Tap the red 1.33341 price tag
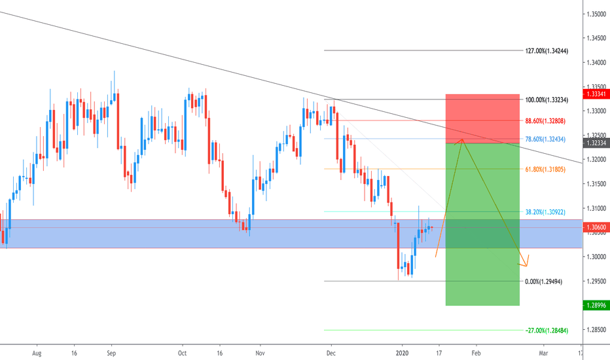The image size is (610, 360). [x=597, y=94]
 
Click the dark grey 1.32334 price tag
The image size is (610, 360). [x=597, y=143]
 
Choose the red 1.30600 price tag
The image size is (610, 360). [x=597, y=227]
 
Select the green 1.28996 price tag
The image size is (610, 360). [x=597, y=305]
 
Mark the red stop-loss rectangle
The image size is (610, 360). [x=482, y=118]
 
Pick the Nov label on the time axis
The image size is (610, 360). [x=260, y=351]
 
